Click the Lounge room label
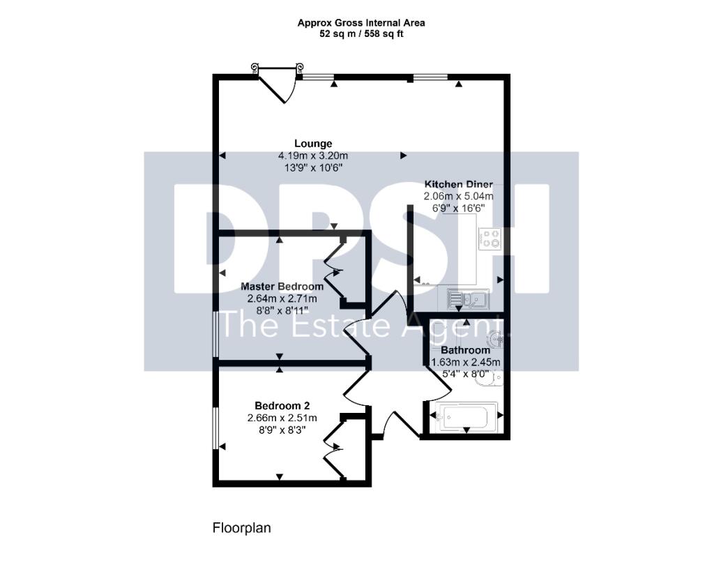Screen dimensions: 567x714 tap(313, 144)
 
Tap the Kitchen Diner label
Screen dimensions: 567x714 tap(459, 185)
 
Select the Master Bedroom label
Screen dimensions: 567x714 tap(282, 287)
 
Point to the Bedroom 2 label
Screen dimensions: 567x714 tap(282, 406)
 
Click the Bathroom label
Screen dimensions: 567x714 tap(465, 350)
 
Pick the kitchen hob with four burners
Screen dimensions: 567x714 tap(491, 239)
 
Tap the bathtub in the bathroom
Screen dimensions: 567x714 tap(466, 416)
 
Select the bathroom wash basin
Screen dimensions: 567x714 tap(496, 338)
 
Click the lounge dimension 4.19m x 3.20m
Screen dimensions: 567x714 tap(313, 156)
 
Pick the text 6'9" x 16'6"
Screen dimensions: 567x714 tap(459, 209)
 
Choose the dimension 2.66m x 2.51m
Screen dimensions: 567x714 tap(282, 418)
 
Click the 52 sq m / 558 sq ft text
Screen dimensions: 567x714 tap(361, 33)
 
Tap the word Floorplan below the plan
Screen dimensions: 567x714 tap(241, 529)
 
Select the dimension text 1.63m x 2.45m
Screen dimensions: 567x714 tap(465, 362)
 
